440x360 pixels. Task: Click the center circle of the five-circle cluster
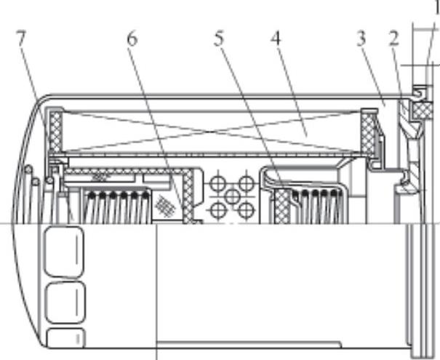point(233,196)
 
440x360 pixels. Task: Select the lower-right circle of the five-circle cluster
point(247,210)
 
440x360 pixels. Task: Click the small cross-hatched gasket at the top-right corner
point(422,109)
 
